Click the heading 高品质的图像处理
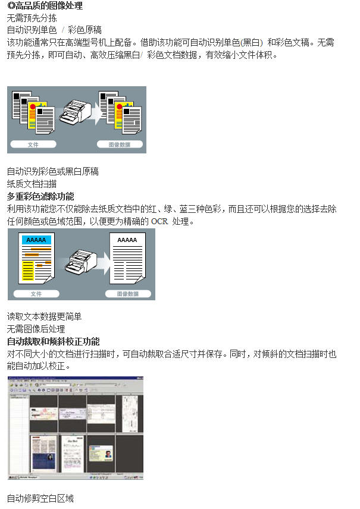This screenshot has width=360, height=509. [x=47, y=6]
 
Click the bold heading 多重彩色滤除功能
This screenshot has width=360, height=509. [x=40, y=196]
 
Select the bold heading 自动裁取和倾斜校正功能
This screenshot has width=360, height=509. [x=53, y=341]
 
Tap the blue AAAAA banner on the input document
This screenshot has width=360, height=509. [x=36, y=240]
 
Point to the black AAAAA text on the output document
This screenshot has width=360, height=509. [x=127, y=240]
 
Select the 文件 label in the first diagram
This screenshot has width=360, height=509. [x=33, y=144]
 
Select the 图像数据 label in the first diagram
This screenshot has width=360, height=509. [x=120, y=144]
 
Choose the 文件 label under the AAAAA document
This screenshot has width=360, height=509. [x=36, y=294]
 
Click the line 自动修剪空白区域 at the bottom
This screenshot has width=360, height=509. [x=40, y=498]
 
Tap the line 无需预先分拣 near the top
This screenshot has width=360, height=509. [x=32, y=18]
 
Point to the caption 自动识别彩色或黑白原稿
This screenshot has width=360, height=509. [x=52, y=171]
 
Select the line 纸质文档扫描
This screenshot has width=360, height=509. [x=32, y=184]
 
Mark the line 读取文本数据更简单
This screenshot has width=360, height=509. [x=44, y=316]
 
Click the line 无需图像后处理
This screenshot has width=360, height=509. [x=36, y=329]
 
